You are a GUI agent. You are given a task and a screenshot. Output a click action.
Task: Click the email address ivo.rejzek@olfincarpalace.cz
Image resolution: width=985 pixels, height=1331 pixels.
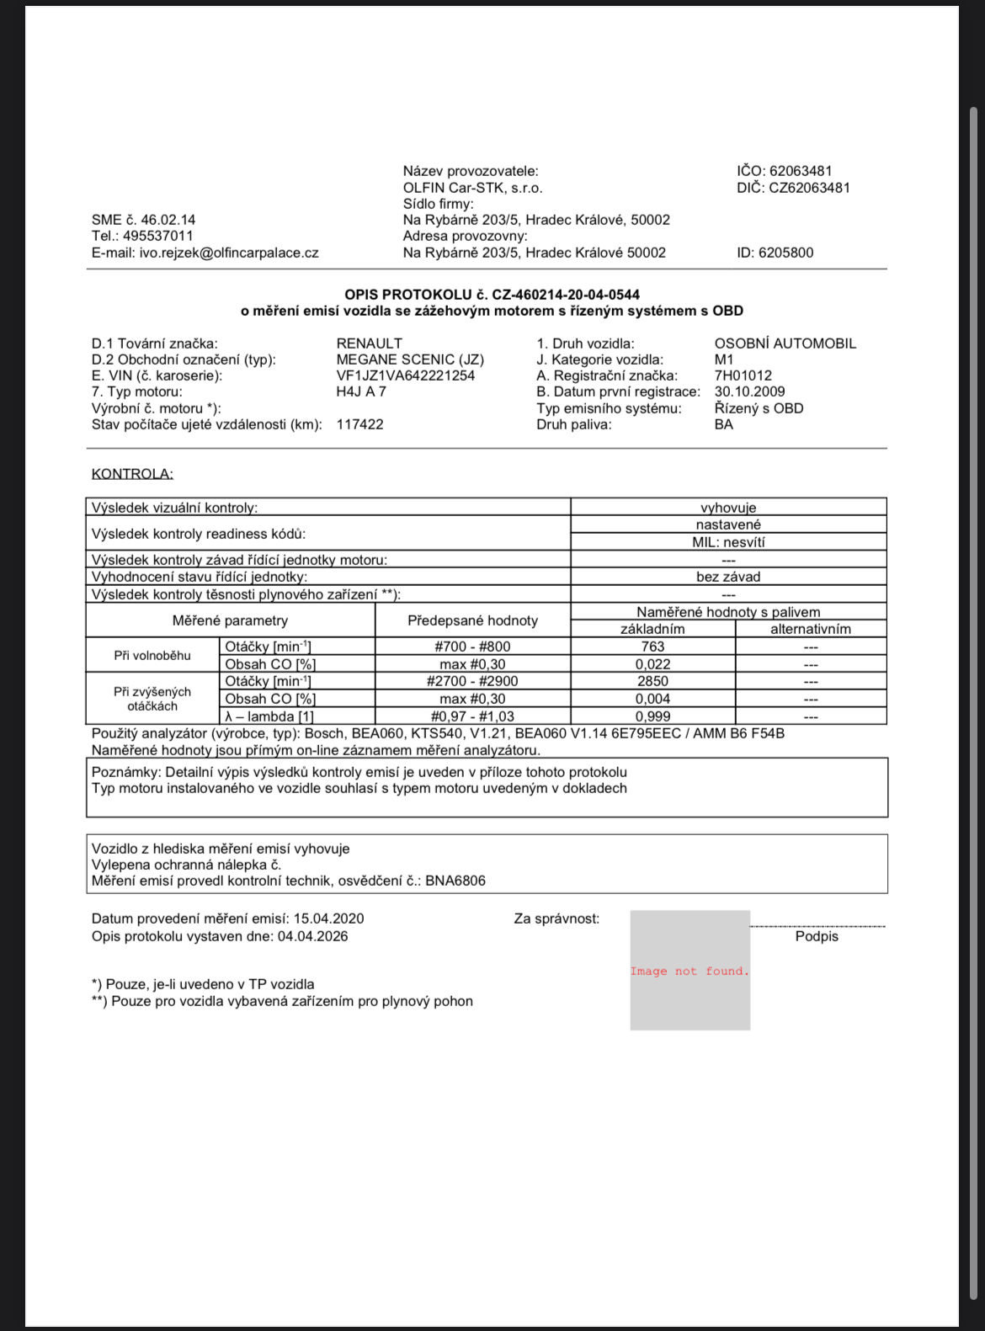click(x=229, y=253)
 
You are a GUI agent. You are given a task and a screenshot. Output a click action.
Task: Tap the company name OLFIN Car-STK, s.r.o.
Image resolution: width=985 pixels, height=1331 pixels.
click(x=472, y=188)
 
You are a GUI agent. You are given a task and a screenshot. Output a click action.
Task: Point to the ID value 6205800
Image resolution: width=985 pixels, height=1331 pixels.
click(x=785, y=253)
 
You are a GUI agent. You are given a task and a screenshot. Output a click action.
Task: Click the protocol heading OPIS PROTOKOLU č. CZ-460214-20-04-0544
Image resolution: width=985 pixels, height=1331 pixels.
click(x=492, y=295)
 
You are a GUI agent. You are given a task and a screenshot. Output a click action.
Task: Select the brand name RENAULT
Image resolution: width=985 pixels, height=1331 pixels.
click(x=369, y=343)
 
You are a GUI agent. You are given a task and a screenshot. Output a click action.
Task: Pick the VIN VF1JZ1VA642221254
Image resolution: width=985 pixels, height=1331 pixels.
click(x=405, y=375)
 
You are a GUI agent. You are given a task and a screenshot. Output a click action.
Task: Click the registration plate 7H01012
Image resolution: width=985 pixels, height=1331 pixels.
click(x=743, y=375)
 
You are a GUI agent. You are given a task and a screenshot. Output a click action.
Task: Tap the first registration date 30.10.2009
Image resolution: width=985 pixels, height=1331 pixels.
click(x=749, y=391)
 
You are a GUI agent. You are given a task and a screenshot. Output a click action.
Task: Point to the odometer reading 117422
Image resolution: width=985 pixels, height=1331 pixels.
click(x=359, y=424)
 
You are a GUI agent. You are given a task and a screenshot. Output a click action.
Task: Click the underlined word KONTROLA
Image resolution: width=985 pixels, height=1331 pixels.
click(x=132, y=474)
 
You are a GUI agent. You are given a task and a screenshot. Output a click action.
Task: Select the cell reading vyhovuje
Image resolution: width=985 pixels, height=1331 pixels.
click(x=728, y=508)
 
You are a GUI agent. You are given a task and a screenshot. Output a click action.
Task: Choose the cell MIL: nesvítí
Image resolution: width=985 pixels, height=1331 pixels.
click(x=728, y=542)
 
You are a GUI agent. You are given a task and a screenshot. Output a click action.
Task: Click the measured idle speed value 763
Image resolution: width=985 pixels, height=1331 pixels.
click(x=652, y=647)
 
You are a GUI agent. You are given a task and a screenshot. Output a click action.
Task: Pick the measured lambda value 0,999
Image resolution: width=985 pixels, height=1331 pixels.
click(x=652, y=716)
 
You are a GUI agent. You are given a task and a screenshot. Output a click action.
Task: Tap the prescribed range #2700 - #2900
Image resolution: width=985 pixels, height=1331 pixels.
click(x=472, y=681)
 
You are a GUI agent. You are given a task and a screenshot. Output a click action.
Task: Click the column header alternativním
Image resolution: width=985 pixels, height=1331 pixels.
click(x=810, y=629)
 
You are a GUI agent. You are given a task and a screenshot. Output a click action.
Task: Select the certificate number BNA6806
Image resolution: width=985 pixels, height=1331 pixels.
click(x=455, y=881)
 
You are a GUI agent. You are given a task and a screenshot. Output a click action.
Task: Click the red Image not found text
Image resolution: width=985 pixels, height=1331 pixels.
click(x=689, y=971)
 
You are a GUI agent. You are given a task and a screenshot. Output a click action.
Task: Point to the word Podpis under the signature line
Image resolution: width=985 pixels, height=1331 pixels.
click(x=817, y=936)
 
